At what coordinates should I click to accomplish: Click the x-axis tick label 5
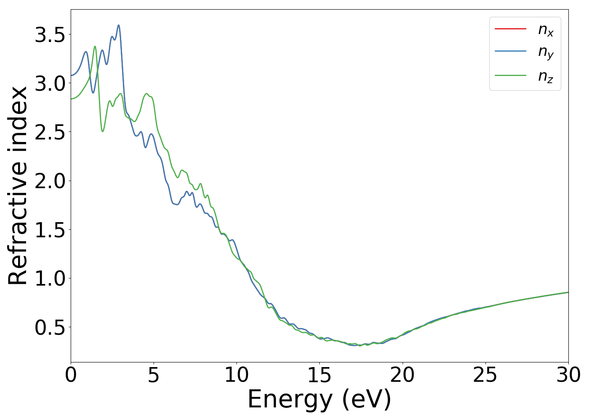[154, 375]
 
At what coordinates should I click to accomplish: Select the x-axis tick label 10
[236, 375]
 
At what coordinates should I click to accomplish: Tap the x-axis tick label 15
[319, 375]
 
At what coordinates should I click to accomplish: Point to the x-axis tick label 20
[402, 375]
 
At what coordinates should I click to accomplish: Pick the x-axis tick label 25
[485, 375]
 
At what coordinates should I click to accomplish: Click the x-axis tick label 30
[568, 375]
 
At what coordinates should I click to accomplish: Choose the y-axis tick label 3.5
[50, 35]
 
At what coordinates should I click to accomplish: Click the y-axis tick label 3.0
[50, 84]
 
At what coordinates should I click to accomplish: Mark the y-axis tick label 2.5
[50, 132]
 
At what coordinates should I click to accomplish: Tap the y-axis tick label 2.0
[50, 181]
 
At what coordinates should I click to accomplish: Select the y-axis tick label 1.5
[50, 230]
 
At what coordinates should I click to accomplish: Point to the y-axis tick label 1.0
[50, 278]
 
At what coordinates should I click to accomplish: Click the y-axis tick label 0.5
[50, 327]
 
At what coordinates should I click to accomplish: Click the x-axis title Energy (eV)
[319, 399]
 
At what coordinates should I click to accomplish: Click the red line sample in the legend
[510, 29]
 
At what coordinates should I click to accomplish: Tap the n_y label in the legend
[546, 52]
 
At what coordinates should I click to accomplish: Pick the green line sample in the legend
[510, 76]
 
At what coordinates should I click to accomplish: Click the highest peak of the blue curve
[119, 25]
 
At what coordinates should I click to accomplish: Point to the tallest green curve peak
[95, 47]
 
